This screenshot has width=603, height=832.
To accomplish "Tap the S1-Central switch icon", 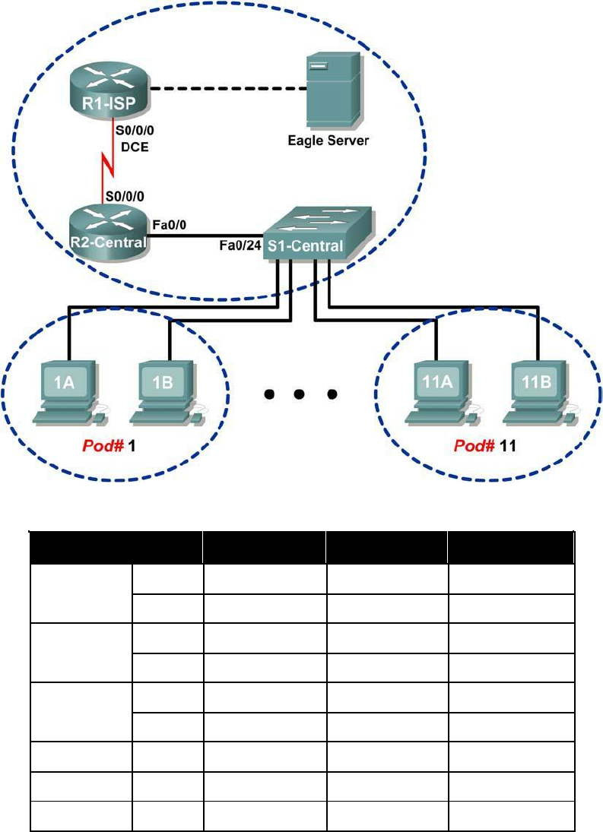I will coord(316,234).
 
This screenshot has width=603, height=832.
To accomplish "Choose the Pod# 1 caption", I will coord(110,446).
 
